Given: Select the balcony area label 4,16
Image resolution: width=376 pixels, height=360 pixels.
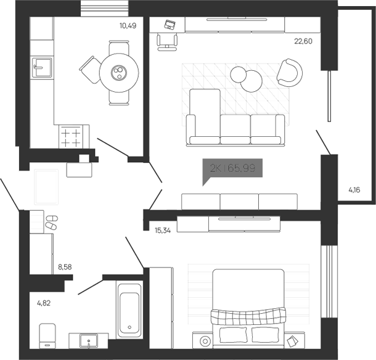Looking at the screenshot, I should pyautogui.click(x=354, y=190).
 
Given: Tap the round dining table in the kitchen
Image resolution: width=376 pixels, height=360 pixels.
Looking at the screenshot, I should pyautogui.click(x=117, y=73).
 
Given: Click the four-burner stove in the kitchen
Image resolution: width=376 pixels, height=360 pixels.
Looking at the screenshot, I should pyautogui.click(x=70, y=136).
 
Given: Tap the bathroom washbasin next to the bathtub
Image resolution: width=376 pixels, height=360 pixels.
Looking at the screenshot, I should pyautogui.click(x=89, y=341).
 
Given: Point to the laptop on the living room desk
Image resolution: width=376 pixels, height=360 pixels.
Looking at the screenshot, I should pyautogui.click(x=171, y=25).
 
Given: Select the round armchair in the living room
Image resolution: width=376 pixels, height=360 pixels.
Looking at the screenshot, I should pyautogui.click(x=289, y=72).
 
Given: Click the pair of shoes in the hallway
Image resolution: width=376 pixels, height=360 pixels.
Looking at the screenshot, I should pyautogui.click(x=51, y=222).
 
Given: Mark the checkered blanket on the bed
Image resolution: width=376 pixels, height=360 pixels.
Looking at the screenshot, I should pyautogui.click(x=249, y=316).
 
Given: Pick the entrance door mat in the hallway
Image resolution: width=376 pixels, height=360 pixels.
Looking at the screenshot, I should pyautogui.click(x=47, y=187).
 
